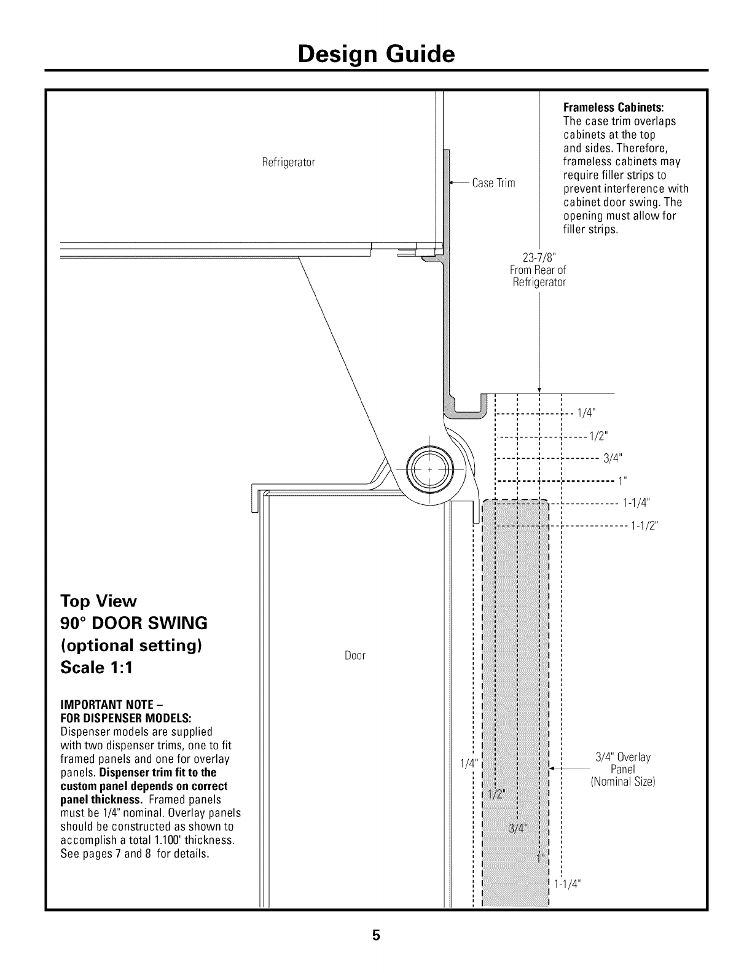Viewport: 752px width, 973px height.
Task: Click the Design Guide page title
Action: click(x=375, y=55)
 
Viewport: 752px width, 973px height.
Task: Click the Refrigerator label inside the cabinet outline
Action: click(x=288, y=163)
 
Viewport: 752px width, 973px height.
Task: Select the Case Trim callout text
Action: click(x=493, y=183)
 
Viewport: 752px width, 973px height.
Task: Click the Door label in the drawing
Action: click(x=354, y=655)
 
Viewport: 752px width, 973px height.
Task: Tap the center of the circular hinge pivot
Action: click(x=429, y=469)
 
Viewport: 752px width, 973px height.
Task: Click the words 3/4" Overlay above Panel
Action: click(x=623, y=757)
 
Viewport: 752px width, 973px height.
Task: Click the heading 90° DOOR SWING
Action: click(x=134, y=623)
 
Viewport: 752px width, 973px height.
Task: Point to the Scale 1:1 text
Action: click(x=98, y=668)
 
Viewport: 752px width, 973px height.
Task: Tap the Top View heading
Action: click(x=98, y=601)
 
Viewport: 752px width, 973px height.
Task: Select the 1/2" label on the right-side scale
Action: click(x=599, y=436)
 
